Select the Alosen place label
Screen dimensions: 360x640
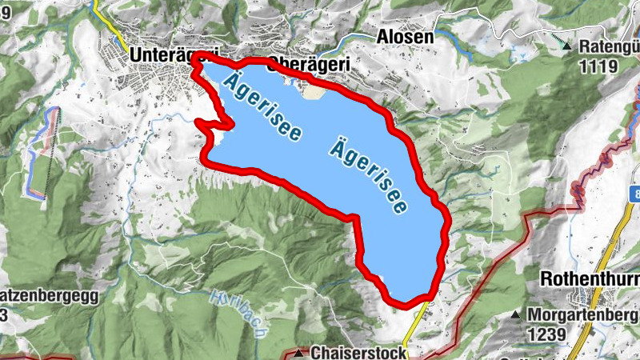point(405,37)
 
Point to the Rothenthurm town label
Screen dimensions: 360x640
point(589,279)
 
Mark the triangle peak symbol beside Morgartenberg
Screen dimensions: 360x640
point(517,314)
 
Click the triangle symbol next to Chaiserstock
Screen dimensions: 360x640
point(299,352)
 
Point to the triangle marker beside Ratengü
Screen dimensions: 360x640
point(566,46)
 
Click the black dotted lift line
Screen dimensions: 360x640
point(53,156)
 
